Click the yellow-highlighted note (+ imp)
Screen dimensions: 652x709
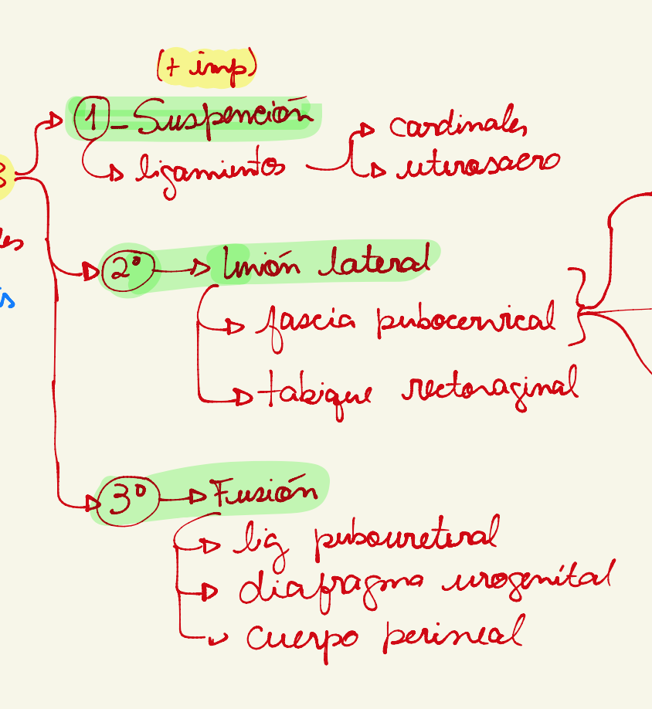206,68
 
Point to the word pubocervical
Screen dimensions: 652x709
466,319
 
